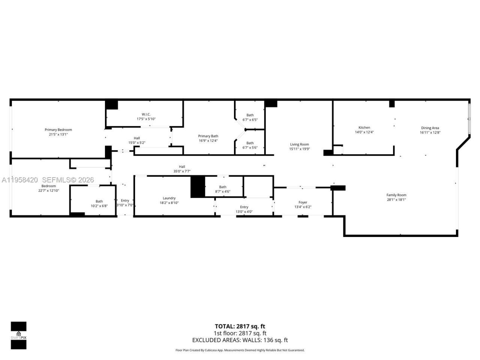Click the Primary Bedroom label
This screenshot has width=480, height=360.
pos(58,130)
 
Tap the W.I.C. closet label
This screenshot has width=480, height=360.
pos(146,114)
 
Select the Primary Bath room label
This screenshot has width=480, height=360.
pos(208,136)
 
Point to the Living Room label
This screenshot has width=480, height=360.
pos(299,144)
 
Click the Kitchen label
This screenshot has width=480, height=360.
pos(364,127)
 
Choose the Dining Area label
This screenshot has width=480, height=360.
pos(430,128)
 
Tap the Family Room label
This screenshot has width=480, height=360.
pos(396,195)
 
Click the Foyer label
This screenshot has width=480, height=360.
pos(303,202)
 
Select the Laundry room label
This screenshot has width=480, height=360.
pos(169,198)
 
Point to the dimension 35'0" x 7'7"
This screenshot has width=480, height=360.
pos(182,171)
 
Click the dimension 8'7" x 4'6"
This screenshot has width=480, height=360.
pos(223,192)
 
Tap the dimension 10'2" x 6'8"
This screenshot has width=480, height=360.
pos(99,206)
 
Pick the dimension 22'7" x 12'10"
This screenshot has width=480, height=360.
pos(49,190)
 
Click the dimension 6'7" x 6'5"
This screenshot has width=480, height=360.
pos(250,120)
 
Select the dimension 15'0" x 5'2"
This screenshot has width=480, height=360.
pos(137,142)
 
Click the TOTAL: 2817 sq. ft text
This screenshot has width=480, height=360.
pos(240,326)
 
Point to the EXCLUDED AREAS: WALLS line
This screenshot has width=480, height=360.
pos(240,340)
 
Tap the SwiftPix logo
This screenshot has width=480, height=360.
pos(18,335)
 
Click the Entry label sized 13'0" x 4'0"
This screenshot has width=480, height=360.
pos(244,207)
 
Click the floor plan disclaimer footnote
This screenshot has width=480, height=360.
pos(240,350)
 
